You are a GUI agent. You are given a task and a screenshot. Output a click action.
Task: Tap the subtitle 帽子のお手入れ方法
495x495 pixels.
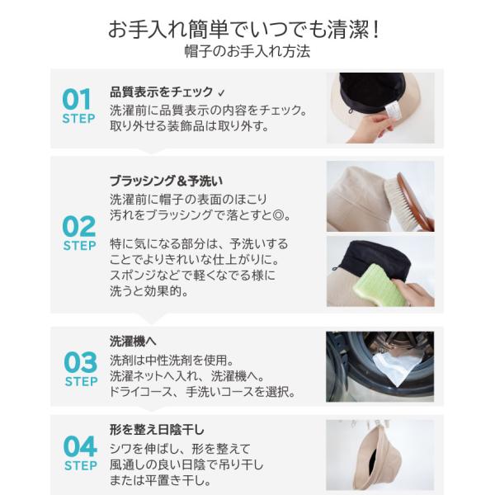tap(247, 51)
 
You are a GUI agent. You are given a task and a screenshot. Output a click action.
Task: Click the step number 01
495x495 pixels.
tap(77, 99)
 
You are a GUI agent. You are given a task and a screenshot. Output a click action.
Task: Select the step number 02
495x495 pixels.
tap(79, 226)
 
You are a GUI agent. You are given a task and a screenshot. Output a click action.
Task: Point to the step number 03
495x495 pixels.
tap(81, 362)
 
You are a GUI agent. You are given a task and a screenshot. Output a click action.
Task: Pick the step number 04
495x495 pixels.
tap(80, 446)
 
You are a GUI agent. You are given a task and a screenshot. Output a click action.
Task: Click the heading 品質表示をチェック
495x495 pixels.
tap(162, 92)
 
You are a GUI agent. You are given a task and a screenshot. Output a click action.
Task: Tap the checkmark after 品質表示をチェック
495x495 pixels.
tap(221, 92)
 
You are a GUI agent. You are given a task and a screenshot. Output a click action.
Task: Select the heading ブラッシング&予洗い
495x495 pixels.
tap(167, 181)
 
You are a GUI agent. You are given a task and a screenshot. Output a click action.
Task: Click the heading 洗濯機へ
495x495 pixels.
tap(133, 342)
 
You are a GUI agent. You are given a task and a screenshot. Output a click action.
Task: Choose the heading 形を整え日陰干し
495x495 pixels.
tap(157, 430)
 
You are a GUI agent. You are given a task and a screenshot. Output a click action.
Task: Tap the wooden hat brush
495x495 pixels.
tap(409, 200)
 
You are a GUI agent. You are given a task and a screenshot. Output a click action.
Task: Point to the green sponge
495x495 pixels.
tap(379, 285)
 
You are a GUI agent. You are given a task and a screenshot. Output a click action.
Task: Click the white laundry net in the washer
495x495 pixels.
tap(397, 366)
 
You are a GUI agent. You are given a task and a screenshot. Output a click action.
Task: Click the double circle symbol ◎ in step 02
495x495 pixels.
tap(278, 215)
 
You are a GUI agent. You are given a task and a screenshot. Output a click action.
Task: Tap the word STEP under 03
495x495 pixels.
tap(81, 382)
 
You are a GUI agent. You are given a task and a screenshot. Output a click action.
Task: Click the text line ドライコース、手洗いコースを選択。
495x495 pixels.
tap(202, 392)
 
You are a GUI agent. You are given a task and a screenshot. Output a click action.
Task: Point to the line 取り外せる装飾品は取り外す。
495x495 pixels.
tap(189, 126)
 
